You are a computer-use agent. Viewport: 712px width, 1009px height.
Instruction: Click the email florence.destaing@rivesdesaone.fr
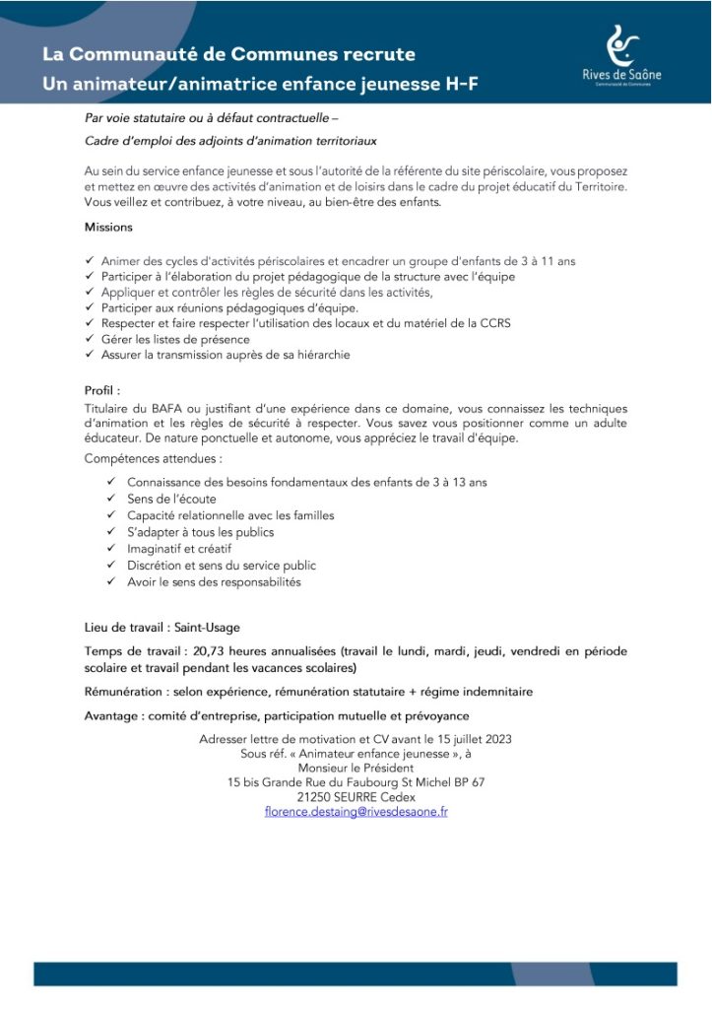[356, 812]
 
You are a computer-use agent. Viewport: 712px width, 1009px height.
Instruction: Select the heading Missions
[108, 227]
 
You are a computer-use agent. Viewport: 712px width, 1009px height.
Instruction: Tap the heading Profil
[102, 390]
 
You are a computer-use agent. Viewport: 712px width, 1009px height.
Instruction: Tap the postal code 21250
[315, 797]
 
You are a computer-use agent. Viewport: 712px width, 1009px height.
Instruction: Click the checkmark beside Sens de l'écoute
[111, 499]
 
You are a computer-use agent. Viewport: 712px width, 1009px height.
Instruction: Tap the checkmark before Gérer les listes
[91, 339]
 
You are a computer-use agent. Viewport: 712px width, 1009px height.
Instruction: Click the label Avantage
[116, 715]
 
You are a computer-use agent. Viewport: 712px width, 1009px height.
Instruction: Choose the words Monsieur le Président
[356, 768]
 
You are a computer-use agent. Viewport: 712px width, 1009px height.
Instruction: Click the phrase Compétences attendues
[153, 458]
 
